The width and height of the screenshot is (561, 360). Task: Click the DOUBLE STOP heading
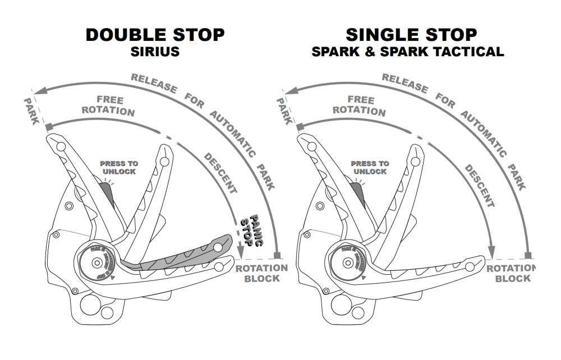click(x=155, y=35)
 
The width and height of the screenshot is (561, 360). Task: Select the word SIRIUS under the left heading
click(x=155, y=52)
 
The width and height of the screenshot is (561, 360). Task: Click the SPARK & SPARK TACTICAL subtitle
click(x=408, y=52)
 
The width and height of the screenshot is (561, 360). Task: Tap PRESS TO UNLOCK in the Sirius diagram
click(x=118, y=167)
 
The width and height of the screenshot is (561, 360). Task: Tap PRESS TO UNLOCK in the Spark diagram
click(x=369, y=167)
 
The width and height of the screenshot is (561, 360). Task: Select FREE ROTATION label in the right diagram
click(x=360, y=105)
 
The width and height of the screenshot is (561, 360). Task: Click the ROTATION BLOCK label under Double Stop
click(x=261, y=273)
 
